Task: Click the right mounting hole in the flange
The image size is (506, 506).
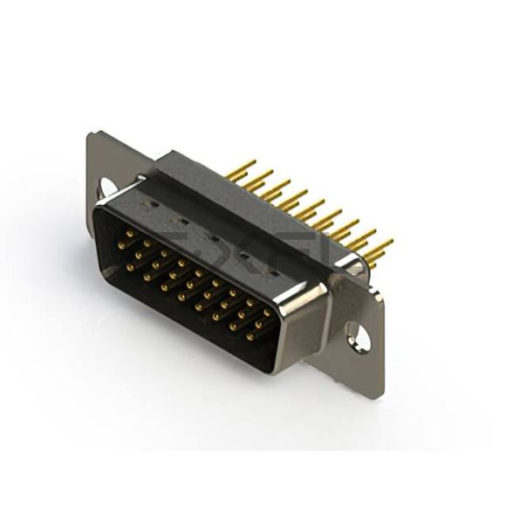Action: click(357, 335)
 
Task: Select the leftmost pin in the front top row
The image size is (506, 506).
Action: click(129, 234)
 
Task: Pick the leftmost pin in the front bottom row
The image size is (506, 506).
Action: click(132, 267)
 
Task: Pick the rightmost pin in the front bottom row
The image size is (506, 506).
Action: click(250, 335)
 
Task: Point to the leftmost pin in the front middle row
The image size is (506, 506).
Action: click(121, 247)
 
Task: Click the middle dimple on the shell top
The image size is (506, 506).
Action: click(210, 236)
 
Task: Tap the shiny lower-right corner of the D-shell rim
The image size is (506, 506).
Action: click(277, 365)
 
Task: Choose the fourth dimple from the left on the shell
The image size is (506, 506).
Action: click(243, 256)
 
